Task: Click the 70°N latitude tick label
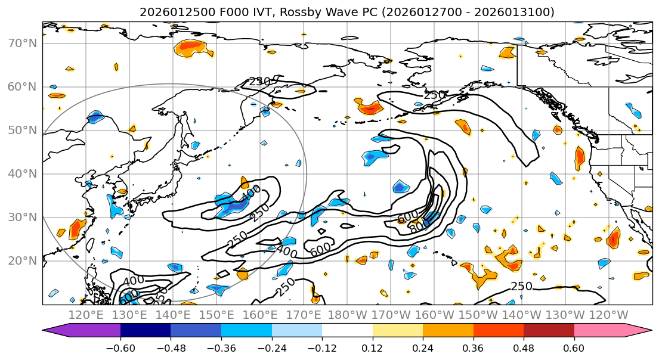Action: [x=21, y=43]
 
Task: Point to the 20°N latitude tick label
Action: [x=21, y=261]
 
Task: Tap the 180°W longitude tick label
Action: [x=346, y=315]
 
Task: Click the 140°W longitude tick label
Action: [x=520, y=315]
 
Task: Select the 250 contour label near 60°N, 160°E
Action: [x=259, y=82]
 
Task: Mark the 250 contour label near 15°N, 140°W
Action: [x=521, y=287]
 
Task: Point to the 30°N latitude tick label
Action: [x=21, y=218]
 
